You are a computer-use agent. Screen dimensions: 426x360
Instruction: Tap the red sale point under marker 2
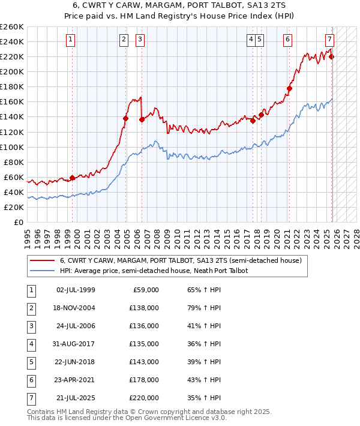coord(125,118)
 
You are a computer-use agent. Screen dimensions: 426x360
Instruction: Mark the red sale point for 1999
coord(72,178)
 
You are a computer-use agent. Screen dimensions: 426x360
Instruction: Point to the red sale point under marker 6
coord(289,88)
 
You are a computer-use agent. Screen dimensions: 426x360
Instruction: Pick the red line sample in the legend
coord(43,260)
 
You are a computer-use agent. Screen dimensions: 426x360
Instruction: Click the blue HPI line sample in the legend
coord(43,271)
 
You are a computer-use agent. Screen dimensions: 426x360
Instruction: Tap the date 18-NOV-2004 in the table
coord(76,308)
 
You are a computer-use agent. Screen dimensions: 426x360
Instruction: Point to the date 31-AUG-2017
coord(76,344)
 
